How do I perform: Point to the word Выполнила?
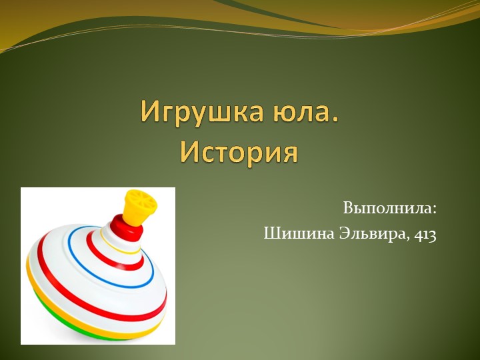tap(390, 208)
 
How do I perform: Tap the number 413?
tap(425, 235)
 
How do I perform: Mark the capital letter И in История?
tap(189, 153)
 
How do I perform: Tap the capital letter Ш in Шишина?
tap(271, 234)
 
